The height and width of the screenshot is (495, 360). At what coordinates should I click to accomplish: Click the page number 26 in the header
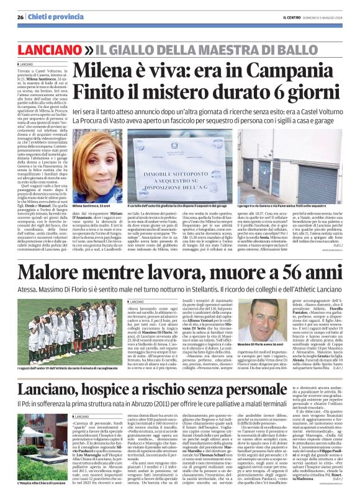(x=20, y=17)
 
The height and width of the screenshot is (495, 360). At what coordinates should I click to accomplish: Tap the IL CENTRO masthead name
(x=290, y=17)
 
